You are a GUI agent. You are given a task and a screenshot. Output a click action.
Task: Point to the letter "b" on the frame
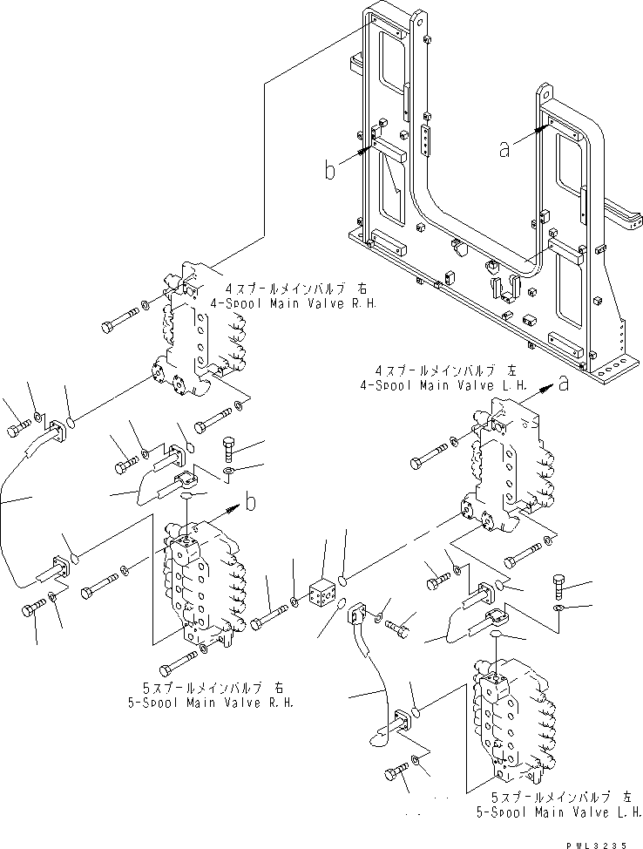(x=329, y=170)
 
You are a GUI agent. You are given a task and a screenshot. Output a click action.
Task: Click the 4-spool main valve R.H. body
(x=196, y=340)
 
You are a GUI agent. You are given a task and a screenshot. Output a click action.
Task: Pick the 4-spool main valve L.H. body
(x=505, y=471)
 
